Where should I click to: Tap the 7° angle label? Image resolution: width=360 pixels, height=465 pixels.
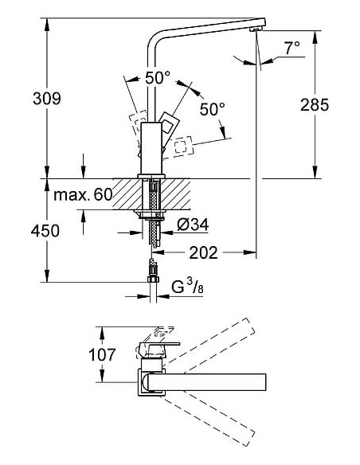pyautogui.click(x=292, y=49)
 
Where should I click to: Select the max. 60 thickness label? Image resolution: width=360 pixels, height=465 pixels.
pyautogui.click(x=83, y=194)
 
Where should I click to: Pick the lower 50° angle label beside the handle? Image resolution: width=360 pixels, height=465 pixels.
pyautogui.click(x=211, y=108)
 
